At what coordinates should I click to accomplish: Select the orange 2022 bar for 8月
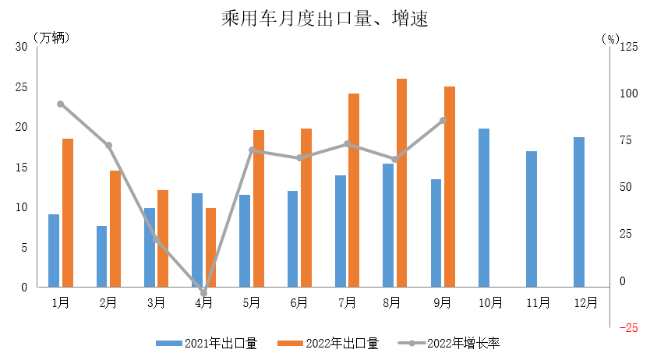401,183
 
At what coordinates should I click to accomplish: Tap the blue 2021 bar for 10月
484,208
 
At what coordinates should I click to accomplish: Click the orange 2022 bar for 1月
68,213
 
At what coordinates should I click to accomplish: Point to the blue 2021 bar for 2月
101,256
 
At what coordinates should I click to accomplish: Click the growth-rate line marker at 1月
61,104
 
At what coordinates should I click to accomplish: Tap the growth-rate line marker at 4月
204,293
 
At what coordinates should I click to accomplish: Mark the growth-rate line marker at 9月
443,120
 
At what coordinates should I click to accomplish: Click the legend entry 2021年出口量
207,342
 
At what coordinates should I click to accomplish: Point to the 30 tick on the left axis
21,47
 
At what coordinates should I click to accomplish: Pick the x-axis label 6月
299,302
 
